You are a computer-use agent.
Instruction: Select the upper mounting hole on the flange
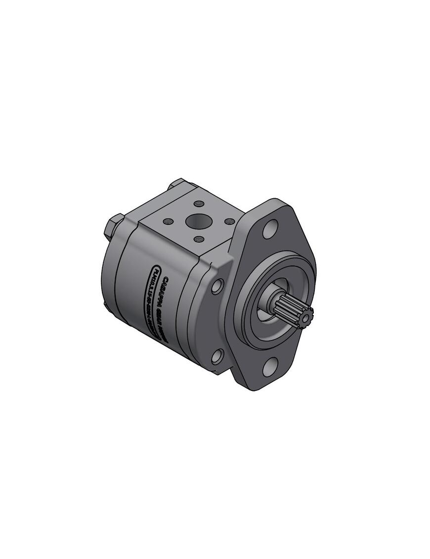point(270,230)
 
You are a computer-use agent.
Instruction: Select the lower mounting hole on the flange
point(270,367)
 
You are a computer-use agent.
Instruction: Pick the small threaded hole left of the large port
point(168,221)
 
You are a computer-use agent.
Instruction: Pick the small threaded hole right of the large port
point(229,221)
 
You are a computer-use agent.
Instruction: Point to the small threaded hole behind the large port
point(199,204)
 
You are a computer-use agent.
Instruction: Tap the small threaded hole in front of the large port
point(199,239)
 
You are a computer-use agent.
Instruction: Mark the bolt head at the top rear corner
point(177,183)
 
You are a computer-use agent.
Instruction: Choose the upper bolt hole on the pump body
point(217,286)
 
